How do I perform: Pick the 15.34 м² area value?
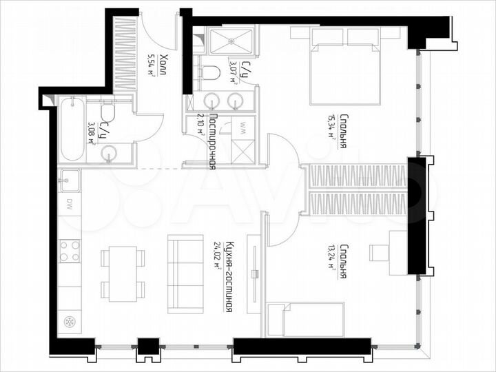(332, 126)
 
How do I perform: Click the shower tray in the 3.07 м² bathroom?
(231, 41)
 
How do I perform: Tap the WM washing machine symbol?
(242, 127)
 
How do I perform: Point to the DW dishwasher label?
(70, 203)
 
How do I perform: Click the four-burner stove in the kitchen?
(70, 250)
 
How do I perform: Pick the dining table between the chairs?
(123, 273)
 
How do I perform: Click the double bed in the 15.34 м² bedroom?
(346, 68)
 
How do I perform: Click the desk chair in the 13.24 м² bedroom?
(378, 252)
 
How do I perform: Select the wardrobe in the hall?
(125, 55)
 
